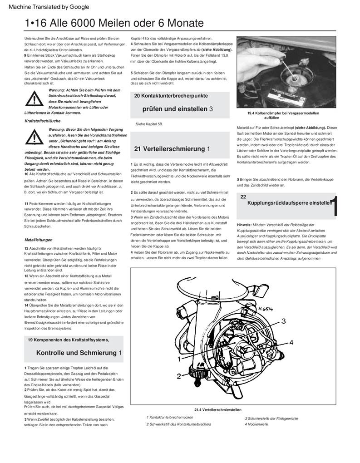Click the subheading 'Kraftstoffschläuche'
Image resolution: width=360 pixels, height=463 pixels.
(x=42, y=121)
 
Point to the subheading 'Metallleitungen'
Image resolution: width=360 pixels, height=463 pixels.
(x=39, y=240)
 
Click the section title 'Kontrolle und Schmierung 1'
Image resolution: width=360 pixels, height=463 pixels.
(x=79, y=353)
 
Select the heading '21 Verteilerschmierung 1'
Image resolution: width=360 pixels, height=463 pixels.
(x=172, y=149)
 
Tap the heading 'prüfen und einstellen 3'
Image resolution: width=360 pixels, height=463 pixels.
(x=178, y=109)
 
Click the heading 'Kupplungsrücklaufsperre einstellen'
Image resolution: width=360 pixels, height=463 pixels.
(x=289, y=203)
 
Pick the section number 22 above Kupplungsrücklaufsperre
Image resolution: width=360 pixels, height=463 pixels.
(x=243, y=197)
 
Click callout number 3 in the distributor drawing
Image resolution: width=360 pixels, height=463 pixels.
(x=283, y=321)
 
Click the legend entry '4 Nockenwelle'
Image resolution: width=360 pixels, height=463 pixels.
(x=256, y=424)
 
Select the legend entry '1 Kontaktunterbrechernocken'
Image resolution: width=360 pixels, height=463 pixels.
(x=170, y=417)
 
